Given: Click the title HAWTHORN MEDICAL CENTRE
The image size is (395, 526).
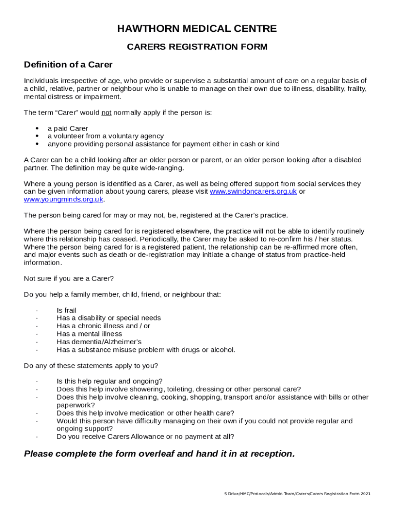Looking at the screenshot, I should (x=197, y=29).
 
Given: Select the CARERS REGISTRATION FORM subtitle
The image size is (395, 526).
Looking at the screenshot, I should (x=197, y=47).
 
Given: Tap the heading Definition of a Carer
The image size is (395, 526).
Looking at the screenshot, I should (x=68, y=65).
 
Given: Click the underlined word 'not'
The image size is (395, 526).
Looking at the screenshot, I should (x=106, y=112).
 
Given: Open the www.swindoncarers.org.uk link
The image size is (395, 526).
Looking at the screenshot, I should (x=253, y=192).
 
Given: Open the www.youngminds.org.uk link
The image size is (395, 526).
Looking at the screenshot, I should (x=64, y=199).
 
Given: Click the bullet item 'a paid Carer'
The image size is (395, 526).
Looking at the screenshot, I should (x=68, y=128).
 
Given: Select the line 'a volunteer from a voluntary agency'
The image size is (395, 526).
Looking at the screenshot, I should (x=106, y=136).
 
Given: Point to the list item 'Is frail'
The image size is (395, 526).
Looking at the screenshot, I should (x=66, y=310).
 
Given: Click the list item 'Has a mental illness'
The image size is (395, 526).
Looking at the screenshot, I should (x=89, y=334).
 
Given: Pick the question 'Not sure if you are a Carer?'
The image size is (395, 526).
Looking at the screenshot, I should (x=69, y=278).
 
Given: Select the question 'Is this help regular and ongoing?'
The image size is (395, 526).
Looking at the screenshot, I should (x=109, y=381).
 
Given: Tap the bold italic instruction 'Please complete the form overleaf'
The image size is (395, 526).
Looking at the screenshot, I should (x=160, y=454).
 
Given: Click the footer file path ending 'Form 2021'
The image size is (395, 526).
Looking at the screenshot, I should (x=297, y=494).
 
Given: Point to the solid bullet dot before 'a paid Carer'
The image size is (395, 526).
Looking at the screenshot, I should (x=37, y=128).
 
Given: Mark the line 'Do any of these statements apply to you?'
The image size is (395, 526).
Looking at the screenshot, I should (x=91, y=366).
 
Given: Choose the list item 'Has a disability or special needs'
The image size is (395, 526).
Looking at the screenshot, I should (x=108, y=318).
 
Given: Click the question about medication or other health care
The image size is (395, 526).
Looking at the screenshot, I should (x=145, y=413).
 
